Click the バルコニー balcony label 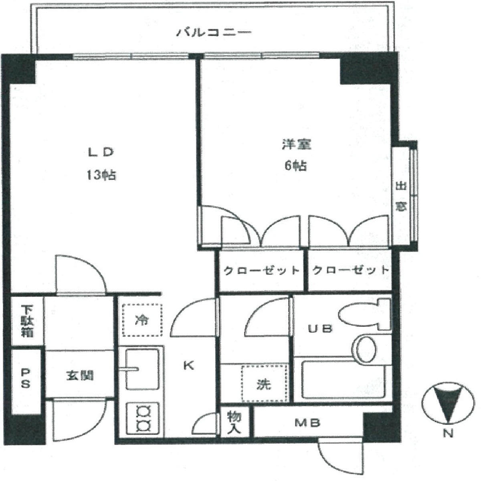coord(214,32)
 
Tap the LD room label coord(101,152)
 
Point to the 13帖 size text coord(101,175)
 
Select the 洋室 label coord(297,144)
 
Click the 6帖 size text coord(296,166)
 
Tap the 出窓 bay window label coord(401,197)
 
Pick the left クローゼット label coord(261,270)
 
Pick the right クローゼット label coord(350,270)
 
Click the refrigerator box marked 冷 coord(142,320)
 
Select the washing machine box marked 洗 coord(264,384)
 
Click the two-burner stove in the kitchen coord(143,419)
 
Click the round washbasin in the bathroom coord(365,349)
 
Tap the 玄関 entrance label coord(80,376)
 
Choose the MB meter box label coord(307,423)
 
